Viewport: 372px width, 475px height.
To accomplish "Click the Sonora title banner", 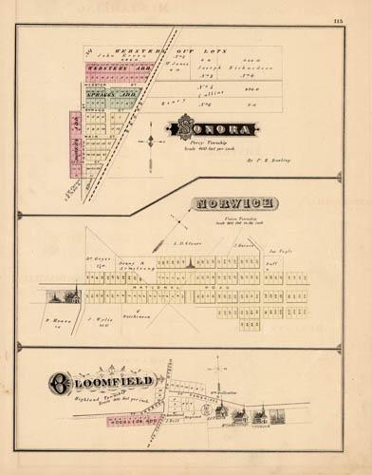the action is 212,128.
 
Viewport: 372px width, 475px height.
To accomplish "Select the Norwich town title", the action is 233,203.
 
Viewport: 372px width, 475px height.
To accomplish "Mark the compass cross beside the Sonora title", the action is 149,142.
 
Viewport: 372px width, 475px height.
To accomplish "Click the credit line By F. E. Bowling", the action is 263,161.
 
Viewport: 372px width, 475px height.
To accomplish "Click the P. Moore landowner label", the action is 56,321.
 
